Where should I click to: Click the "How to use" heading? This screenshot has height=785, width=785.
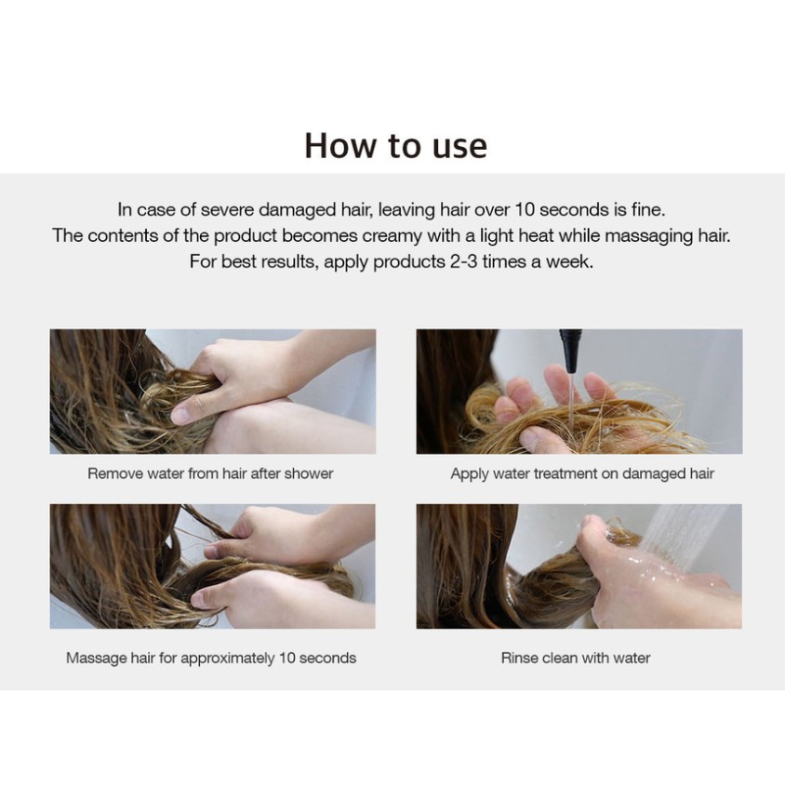coord(395,146)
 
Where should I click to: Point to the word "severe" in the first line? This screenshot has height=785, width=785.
coord(227,209)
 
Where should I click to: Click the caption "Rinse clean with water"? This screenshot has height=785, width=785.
coord(576,658)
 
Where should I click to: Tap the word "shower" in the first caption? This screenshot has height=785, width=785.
coord(309,473)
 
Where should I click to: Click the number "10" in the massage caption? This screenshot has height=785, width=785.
coord(287,658)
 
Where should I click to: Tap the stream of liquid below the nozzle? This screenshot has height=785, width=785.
coord(570,401)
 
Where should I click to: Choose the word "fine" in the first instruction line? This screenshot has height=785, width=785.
coord(648,209)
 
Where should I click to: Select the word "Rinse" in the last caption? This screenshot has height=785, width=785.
coord(519,658)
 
